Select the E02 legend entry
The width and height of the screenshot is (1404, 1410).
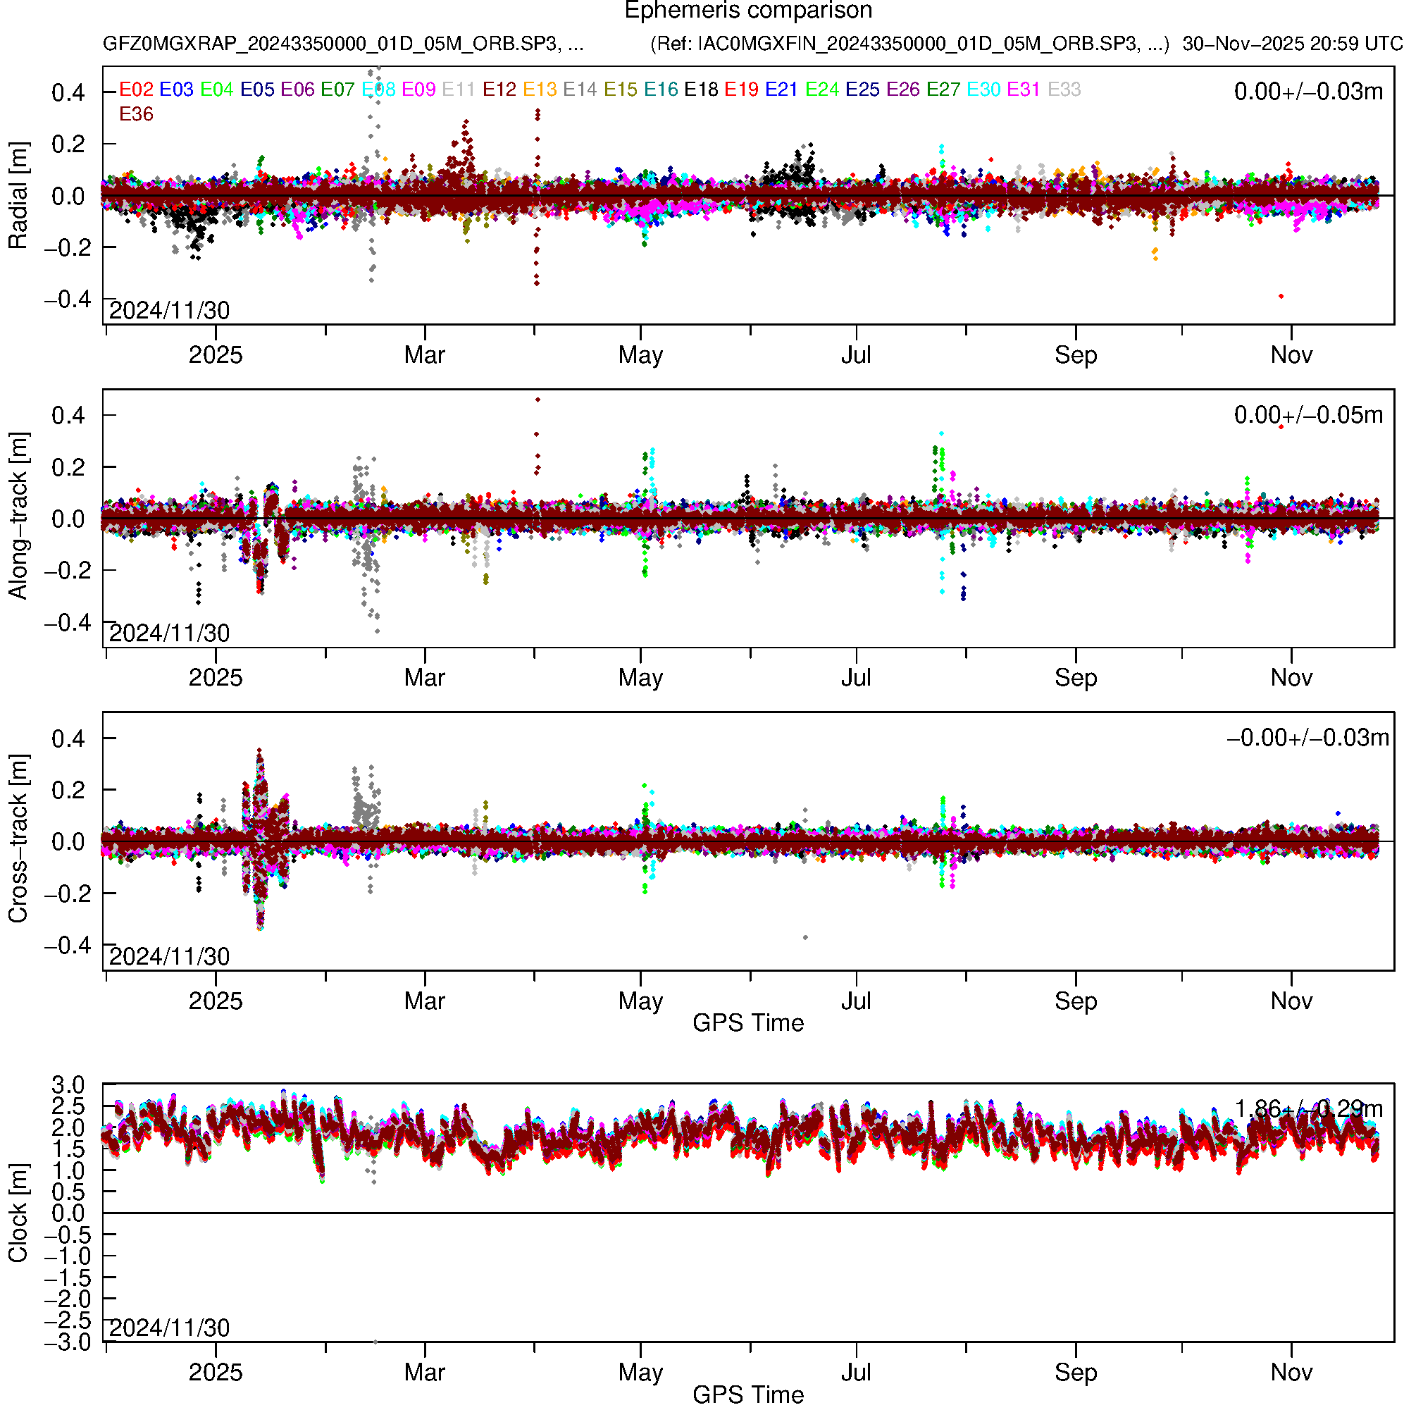click(136, 89)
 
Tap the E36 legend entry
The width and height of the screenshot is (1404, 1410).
click(136, 115)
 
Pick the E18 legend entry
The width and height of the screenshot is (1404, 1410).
click(700, 89)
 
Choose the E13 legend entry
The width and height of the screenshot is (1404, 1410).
click(540, 89)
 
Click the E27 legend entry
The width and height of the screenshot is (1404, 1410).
click(943, 89)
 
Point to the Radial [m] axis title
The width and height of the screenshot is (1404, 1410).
click(18, 196)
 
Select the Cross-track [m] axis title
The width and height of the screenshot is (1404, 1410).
click(18, 839)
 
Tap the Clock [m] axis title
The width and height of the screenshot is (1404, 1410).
click(18, 1213)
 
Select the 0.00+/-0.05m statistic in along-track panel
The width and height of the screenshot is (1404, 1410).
click(1307, 415)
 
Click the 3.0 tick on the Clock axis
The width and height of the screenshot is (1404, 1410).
click(68, 1085)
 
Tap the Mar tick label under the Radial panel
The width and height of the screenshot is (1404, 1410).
click(425, 355)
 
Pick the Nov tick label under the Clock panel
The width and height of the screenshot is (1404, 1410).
click(1291, 1373)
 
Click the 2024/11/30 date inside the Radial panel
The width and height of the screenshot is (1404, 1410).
click(169, 311)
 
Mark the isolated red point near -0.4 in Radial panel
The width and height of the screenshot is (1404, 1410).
click(1281, 296)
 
